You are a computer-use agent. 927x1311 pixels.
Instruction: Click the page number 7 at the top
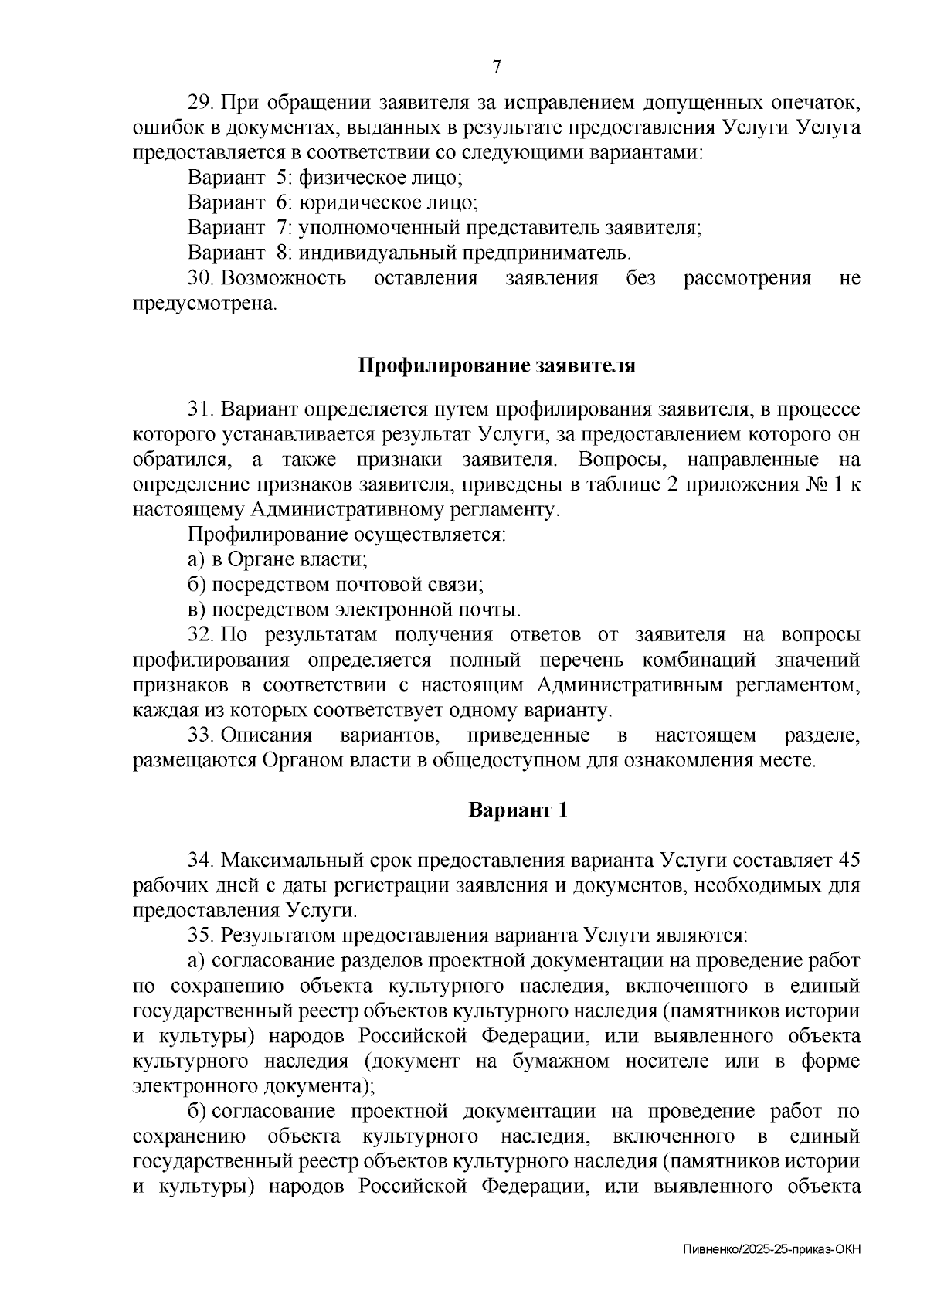point(497,66)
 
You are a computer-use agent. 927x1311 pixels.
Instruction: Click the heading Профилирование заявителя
point(497,365)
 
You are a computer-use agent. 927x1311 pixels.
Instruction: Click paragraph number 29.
point(201,103)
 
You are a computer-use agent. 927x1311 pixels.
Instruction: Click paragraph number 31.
point(201,409)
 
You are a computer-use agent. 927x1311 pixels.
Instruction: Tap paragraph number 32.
point(201,635)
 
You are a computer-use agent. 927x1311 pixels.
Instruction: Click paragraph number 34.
point(201,861)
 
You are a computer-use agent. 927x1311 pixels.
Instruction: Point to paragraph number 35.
point(201,936)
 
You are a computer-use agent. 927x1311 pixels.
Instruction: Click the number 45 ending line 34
point(848,861)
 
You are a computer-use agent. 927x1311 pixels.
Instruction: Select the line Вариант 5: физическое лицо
point(325,178)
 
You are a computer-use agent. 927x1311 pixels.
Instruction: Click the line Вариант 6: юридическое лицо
point(333,203)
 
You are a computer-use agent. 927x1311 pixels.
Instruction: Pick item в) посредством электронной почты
point(354,610)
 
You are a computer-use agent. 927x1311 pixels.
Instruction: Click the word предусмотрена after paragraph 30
point(205,304)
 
